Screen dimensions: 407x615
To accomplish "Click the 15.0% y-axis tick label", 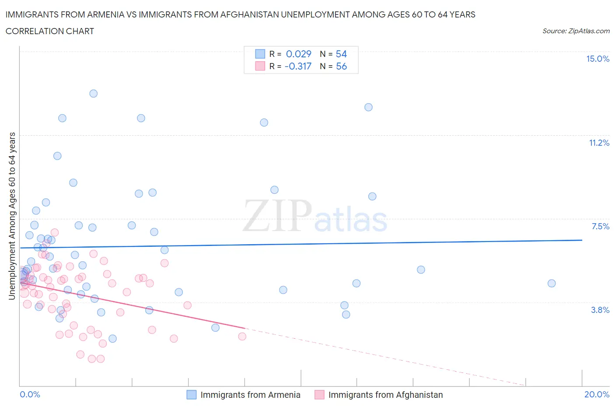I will (x=598, y=59).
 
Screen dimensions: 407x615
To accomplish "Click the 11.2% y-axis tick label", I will (x=599, y=143).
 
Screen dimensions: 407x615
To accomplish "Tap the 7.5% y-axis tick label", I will (x=600, y=226).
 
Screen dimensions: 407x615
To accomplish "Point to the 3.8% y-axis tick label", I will (x=600, y=310).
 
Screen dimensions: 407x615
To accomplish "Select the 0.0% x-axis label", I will (x=30, y=394).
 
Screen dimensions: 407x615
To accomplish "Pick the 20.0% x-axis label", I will (x=597, y=394).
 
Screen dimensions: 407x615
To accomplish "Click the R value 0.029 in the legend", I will (x=298, y=54).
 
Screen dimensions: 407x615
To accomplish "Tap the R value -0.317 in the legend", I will (x=297, y=66).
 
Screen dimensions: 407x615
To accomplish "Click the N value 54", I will (x=341, y=54).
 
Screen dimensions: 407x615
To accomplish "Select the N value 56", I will (x=341, y=66).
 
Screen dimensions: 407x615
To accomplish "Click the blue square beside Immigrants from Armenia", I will (x=192, y=395).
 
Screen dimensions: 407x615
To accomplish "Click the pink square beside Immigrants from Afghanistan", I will (x=319, y=395).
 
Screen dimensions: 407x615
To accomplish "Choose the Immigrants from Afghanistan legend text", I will (x=385, y=395).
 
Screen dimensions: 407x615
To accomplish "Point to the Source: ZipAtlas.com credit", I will (x=576, y=31).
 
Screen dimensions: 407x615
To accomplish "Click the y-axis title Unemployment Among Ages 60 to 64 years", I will (x=12, y=216).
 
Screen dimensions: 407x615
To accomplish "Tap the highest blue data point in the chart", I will (x=93, y=93).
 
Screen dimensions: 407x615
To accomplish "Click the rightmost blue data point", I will (x=552, y=283).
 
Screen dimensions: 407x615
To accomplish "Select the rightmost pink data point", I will (x=242, y=336).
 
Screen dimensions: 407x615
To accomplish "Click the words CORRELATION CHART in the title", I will (x=50, y=31).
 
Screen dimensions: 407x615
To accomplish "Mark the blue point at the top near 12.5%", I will (x=368, y=107).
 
